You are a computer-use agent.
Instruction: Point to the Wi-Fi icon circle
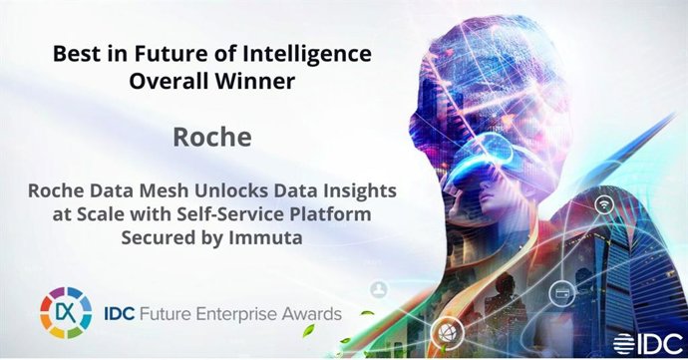[604, 204]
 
